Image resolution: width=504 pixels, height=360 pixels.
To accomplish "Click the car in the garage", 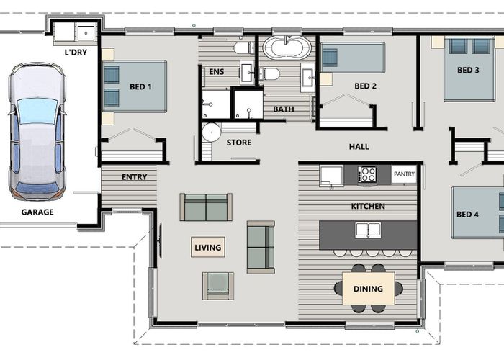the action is tap(37, 131).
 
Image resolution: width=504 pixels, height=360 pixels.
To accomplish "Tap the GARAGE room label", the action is tap(37, 212).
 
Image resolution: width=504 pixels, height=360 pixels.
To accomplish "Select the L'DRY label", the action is tap(76, 52).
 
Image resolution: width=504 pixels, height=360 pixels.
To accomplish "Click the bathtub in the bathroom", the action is tap(287, 48).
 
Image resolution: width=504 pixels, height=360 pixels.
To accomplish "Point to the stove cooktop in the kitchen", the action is tap(367, 174).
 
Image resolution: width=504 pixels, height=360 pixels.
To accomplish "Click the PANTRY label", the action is tap(404, 174).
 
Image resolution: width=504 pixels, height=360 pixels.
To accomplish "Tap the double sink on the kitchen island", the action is tap(368, 230).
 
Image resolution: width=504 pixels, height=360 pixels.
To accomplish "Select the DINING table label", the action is tap(368, 289).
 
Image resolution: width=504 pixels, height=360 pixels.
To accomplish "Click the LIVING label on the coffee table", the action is tap(208, 248).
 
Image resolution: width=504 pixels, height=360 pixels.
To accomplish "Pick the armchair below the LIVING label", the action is tap(218, 286).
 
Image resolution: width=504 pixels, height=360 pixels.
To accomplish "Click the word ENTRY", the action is tap(135, 177).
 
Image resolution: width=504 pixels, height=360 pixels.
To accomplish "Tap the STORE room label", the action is tap(239, 143).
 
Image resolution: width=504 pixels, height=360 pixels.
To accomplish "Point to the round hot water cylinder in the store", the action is tap(212, 132).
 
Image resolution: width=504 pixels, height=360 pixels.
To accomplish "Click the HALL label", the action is tap(359, 147).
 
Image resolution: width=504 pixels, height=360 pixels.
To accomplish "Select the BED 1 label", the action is tap(140, 87).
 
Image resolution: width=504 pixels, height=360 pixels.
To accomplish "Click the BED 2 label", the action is tap(365, 86).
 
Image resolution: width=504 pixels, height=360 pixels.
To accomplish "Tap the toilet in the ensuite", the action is tap(244, 48).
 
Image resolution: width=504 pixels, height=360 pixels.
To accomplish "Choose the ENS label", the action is tap(216, 72).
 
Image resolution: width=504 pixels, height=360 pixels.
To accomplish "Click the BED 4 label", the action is tap(467, 215).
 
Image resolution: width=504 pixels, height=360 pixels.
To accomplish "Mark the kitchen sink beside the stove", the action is tap(331, 176).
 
